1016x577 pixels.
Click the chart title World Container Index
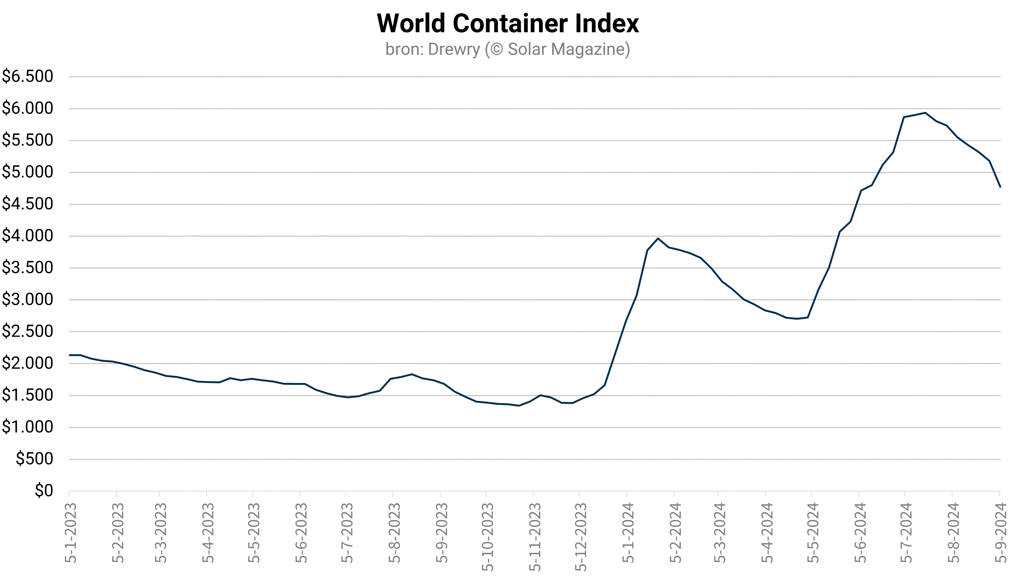coord(508,24)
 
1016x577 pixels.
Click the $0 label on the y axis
coord(44,491)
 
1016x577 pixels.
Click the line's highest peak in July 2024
coord(925,113)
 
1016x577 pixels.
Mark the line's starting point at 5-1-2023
coord(70,355)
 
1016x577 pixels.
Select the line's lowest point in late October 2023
coord(519,405)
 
